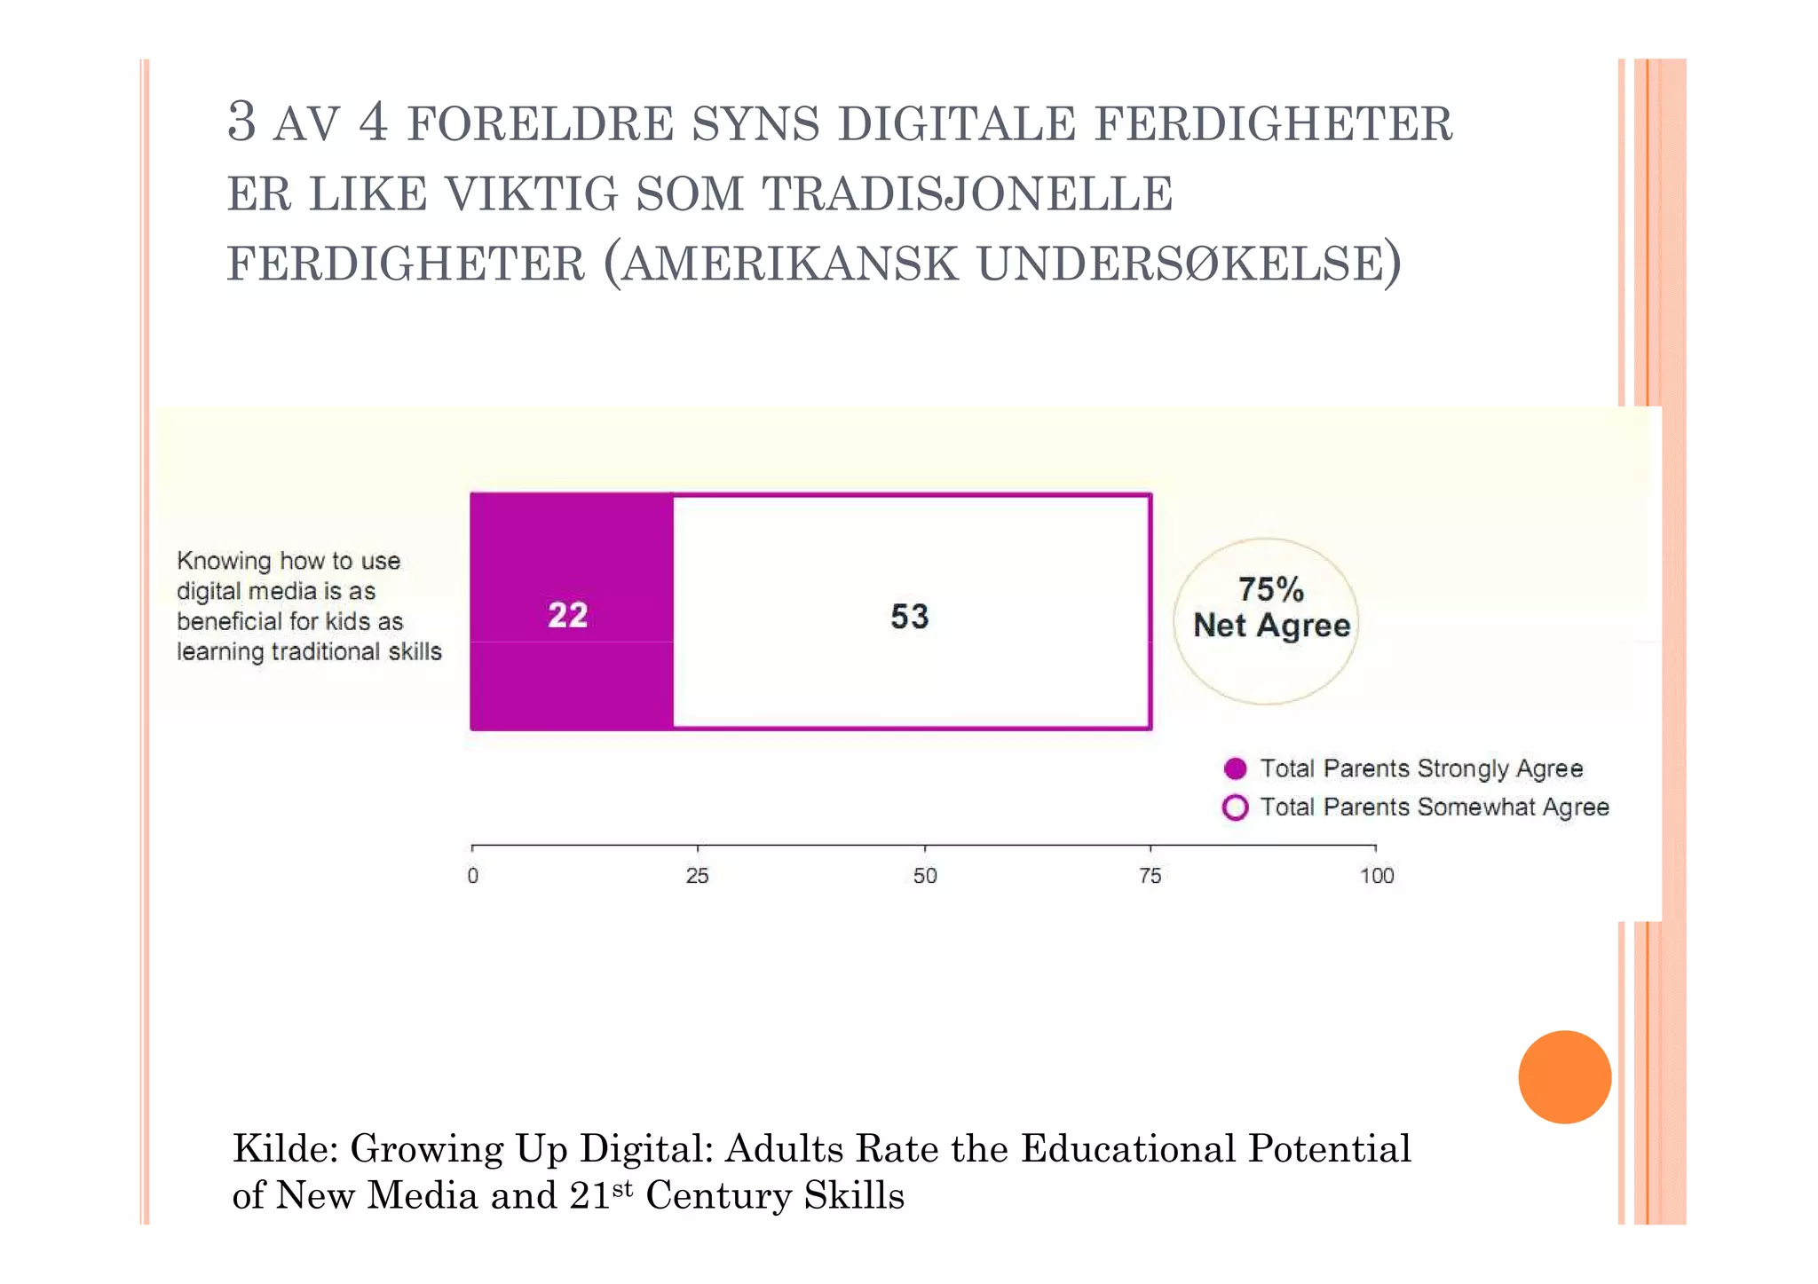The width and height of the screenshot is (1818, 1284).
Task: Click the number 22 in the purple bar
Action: click(x=567, y=615)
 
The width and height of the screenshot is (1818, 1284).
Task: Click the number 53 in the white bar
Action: click(x=909, y=617)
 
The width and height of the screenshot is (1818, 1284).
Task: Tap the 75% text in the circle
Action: click(x=1270, y=589)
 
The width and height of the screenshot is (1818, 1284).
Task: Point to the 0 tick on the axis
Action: click(x=472, y=876)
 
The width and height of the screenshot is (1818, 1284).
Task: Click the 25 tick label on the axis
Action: click(x=697, y=876)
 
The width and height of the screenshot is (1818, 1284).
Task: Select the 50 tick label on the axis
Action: click(x=924, y=876)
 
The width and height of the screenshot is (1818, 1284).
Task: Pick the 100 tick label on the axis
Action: click(x=1376, y=876)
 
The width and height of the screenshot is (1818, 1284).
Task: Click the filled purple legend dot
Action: click(x=1235, y=768)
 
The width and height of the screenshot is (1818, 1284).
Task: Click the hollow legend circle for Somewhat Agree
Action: click(x=1235, y=807)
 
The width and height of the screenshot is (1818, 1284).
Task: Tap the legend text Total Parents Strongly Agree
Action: click(x=1420, y=768)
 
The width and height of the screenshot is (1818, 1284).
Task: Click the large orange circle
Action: click(x=1564, y=1076)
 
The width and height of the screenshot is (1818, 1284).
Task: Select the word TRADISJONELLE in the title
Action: click(x=968, y=194)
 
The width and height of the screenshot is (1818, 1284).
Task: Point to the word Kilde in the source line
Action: click(x=284, y=1148)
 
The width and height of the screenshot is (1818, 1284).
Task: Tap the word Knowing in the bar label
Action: click(x=224, y=561)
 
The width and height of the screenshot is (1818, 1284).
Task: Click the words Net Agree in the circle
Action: click(x=1271, y=626)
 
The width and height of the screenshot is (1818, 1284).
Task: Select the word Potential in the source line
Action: click(x=1329, y=1148)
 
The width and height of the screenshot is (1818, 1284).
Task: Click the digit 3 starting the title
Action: click(x=241, y=122)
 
